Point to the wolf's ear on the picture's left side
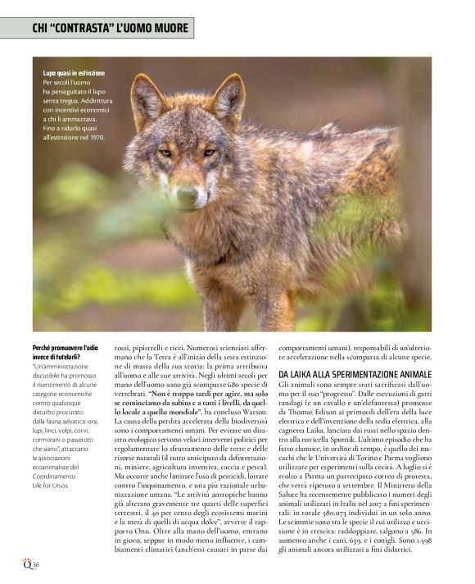coord(147,99)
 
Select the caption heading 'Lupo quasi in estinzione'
coord(74,74)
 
